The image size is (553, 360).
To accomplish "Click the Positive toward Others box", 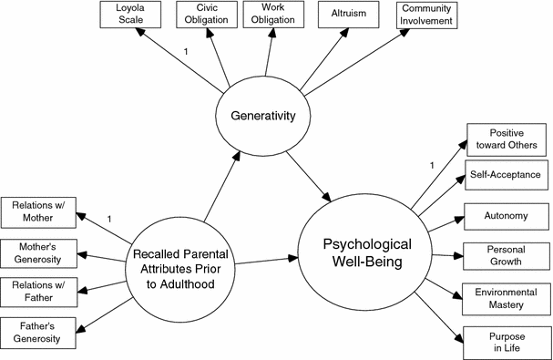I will point(507,139).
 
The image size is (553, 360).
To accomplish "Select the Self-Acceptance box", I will point(507,174).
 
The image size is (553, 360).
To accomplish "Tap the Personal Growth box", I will point(507,256).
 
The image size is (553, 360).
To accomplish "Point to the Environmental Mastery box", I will point(507,299).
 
